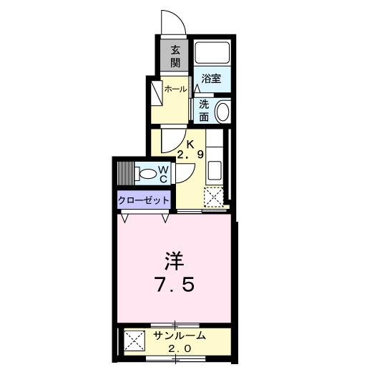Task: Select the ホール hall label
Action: click(175, 89)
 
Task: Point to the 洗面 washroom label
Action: click(204, 109)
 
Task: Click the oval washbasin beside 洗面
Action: click(222, 112)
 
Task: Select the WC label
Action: click(163, 174)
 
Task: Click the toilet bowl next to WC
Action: click(148, 173)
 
